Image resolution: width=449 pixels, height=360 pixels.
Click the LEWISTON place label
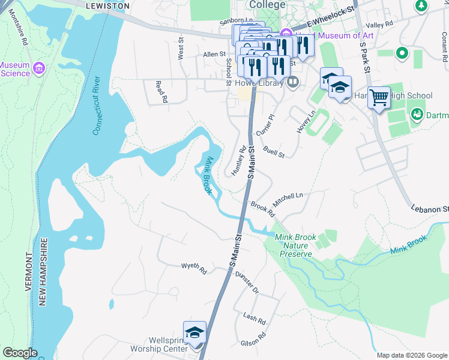[107, 5]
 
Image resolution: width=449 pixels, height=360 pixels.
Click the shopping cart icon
[379, 97]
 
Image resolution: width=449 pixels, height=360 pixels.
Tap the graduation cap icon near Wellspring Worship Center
[194, 332]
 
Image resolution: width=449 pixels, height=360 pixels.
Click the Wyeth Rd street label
[194, 268]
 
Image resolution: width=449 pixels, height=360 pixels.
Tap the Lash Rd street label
[254, 316]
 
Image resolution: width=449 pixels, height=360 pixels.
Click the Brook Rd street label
[263, 209]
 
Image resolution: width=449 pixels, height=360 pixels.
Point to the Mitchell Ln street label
[288, 196]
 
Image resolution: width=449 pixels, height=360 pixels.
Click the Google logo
[20, 353]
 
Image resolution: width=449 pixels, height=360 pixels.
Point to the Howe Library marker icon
[293, 82]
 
